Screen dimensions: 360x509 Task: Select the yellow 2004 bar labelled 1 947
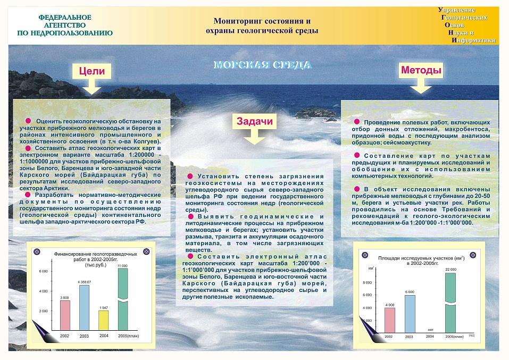pyautogui.click(x=103, y=321)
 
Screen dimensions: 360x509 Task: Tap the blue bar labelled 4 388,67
pyautogui.click(x=84, y=308)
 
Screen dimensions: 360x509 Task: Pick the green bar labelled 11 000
pyautogui.click(x=123, y=299)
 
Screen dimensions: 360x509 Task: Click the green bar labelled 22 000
pyautogui.click(x=450, y=302)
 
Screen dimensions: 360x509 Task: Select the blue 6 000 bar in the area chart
pyautogui.click(x=409, y=313)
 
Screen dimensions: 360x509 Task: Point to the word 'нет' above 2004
pyautogui.click(x=430, y=330)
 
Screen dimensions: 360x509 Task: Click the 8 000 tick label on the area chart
pyautogui.click(x=367, y=282)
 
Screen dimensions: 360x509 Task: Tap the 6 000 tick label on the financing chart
pyautogui.click(x=43, y=272)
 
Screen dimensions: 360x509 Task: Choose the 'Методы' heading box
pyautogui.click(x=420, y=70)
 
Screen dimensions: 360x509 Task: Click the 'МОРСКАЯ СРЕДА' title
pyautogui.click(x=262, y=65)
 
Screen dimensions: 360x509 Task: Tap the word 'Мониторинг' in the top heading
pyautogui.click(x=237, y=21)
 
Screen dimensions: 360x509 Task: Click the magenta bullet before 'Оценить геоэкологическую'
pyautogui.click(x=28, y=121)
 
